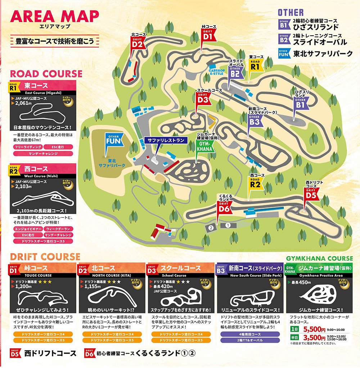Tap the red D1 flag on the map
tap(208, 36)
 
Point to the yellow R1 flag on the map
tap(255, 66)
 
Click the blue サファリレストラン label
tap(166, 140)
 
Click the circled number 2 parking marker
tap(211, 227)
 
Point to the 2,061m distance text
tap(24, 103)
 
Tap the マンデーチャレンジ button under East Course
tap(42, 153)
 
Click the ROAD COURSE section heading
tap(46, 74)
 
